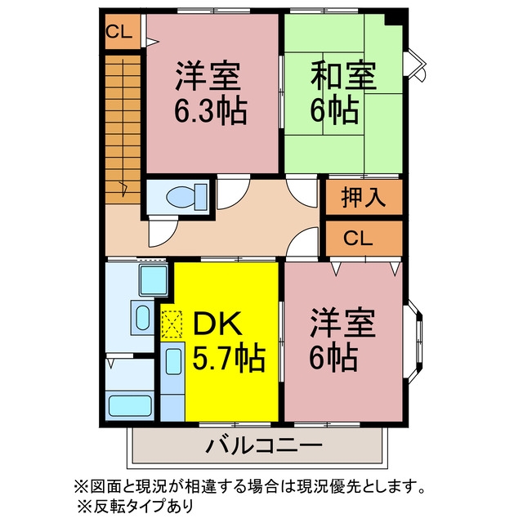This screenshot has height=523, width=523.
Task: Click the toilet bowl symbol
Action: click(187, 197)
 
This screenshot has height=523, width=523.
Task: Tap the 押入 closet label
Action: click(363, 197)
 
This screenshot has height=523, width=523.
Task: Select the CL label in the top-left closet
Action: click(119, 32)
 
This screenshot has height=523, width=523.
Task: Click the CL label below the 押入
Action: click(358, 238)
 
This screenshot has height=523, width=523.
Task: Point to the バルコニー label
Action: click(263, 445)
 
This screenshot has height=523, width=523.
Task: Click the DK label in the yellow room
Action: click(217, 323)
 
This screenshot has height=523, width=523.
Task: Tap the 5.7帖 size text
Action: click(229, 360)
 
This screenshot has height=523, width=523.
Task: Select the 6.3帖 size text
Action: click(211, 111)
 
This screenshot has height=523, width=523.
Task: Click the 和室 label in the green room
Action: click(343, 75)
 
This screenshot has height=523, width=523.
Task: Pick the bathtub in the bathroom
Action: click(130, 405)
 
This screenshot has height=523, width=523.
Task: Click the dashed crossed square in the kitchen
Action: click(172, 325)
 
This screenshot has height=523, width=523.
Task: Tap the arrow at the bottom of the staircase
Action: click(124, 188)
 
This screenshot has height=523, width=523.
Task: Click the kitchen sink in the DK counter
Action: click(173, 361)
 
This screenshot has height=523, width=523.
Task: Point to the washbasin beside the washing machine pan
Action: click(142, 317)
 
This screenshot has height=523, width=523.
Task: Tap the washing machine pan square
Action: click(154, 280)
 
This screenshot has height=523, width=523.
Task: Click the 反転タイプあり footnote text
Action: click(144, 507)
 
